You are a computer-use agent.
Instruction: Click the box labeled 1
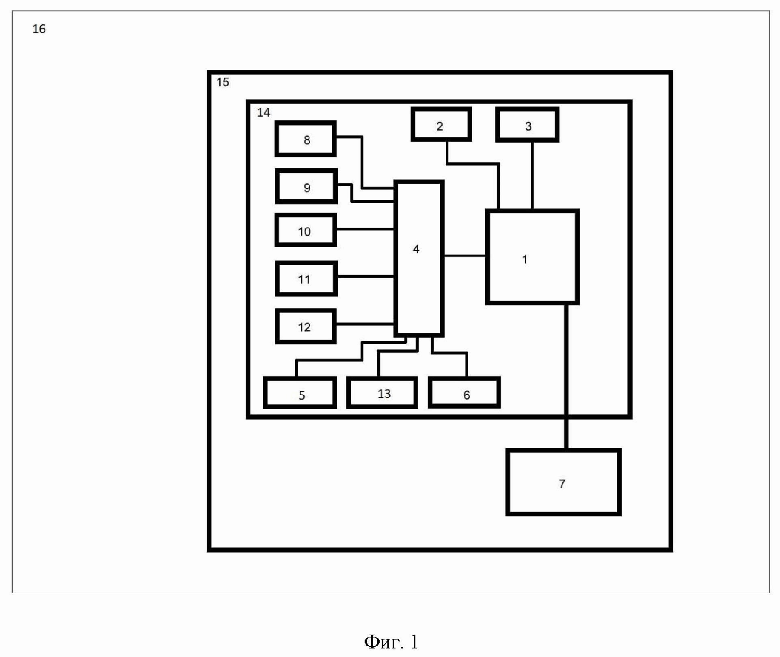(532, 257)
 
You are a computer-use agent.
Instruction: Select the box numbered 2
(441, 124)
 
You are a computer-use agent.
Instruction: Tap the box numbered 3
(527, 125)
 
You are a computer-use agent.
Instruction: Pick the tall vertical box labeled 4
(419, 259)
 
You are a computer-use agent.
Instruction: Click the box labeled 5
(300, 393)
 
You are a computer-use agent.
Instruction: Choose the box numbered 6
(464, 393)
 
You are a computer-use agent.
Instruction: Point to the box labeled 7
(563, 482)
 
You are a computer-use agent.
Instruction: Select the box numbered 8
(305, 139)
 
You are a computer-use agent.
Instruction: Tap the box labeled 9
(306, 186)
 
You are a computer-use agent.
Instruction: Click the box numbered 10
(306, 230)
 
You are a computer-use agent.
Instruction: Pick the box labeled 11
(306, 278)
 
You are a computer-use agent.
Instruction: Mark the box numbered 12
(305, 326)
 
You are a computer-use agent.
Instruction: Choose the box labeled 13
(382, 393)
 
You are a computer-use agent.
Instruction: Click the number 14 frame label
(264, 113)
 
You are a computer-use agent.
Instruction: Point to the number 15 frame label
(223, 82)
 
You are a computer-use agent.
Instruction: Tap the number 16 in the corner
(39, 29)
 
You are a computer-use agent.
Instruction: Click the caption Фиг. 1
(391, 642)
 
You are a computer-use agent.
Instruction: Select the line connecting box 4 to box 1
(465, 256)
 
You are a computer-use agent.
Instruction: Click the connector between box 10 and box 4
(365, 230)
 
